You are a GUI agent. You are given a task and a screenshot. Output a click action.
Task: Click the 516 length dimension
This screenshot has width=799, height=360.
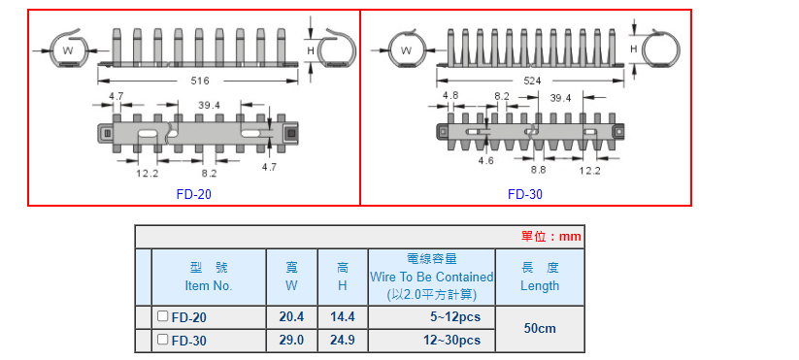click(200, 81)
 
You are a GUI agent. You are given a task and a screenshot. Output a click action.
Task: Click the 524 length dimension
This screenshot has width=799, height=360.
click(532, 81)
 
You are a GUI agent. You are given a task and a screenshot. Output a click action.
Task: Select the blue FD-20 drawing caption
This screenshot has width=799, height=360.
click(193, 194)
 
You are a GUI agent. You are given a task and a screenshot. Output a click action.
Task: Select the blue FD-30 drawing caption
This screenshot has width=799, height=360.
click(525, 194)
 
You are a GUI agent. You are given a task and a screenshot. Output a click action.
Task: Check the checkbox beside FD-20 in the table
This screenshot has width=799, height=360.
click(162, 316)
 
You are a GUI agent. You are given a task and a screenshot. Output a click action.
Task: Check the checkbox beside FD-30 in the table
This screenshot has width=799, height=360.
click(162, 339)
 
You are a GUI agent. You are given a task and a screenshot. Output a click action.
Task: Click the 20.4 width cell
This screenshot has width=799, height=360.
click(291, 316)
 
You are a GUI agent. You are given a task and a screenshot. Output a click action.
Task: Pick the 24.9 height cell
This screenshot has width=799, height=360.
click(343, 340)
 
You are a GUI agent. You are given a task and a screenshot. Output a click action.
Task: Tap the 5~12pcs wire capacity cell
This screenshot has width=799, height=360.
click(431, 316)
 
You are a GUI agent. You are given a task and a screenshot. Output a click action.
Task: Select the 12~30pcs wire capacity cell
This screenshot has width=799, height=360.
click(431, 340)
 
